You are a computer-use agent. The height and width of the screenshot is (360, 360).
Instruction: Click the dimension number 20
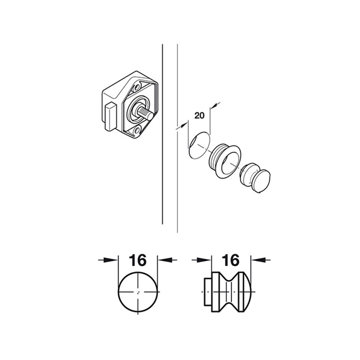click(x=199, y=116)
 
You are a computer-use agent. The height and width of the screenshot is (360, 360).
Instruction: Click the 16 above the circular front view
click(x=138, y=260)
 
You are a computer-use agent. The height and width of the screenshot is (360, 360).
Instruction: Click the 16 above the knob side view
click(x=231, y=260)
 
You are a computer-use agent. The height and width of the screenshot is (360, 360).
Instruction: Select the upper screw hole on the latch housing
click(x=137, y=87)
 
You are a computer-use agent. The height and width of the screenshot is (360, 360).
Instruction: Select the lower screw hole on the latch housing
click(x=137, y=131)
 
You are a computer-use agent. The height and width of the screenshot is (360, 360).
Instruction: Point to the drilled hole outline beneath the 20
click(x=199, y=145)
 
